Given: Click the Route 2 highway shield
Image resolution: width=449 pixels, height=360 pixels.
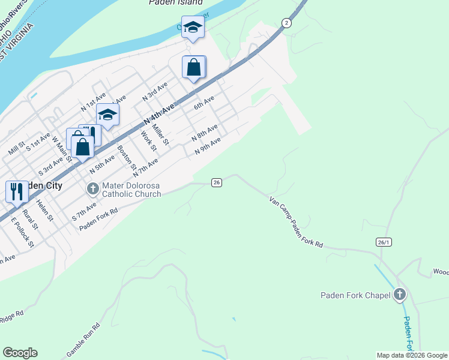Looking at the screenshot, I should [x=287, y=23].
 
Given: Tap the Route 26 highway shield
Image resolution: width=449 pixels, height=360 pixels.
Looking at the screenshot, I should [x=217, y=182].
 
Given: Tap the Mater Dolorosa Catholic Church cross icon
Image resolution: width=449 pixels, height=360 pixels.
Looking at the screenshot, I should [x=92, y=189].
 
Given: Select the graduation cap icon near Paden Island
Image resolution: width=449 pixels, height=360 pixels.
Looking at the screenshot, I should [x=193, y=27].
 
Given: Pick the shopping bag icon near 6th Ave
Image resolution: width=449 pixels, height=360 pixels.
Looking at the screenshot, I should [x=194, y=67].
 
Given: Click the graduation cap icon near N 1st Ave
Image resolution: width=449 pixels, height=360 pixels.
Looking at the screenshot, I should [x=107, y=114].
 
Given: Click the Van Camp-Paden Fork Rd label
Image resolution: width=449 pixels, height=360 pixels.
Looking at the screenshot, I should [x=297, y=223].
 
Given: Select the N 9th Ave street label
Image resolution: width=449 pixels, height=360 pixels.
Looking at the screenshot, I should [x=208, y=146].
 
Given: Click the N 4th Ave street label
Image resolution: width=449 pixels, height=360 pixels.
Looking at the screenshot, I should [x=158, y=115].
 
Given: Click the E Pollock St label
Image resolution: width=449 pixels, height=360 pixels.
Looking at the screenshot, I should [x=22, y=231].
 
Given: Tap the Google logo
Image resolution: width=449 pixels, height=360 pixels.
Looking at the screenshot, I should [x=20, y=353].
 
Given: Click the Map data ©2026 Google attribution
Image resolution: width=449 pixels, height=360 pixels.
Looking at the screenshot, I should [x=412, y=355].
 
